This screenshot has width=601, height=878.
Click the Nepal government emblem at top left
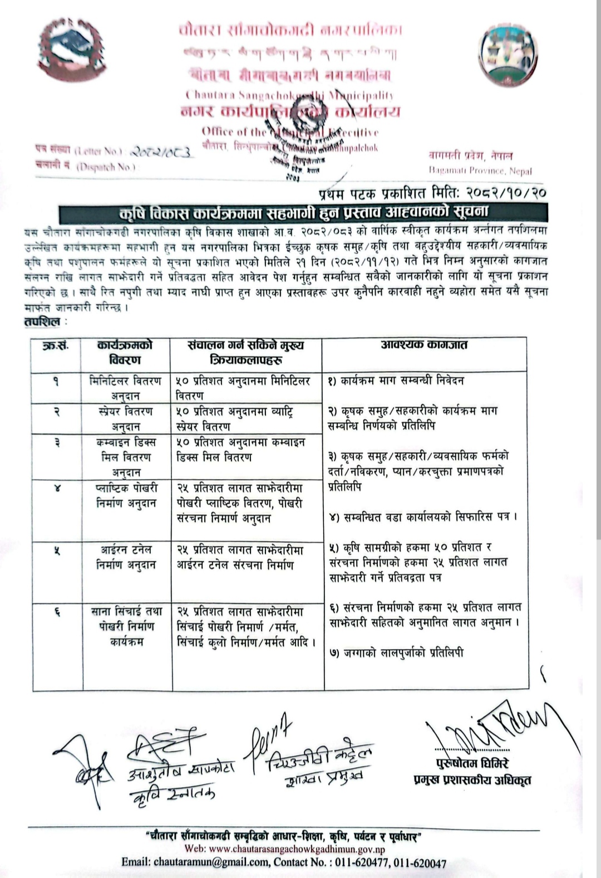coord(71,51)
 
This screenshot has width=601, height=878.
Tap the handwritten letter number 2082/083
coord(162,152)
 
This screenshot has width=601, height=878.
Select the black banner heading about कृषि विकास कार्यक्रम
coord(303,212)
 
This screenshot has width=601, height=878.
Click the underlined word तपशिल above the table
coord(42,321)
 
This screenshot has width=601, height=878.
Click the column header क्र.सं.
coord(56,346)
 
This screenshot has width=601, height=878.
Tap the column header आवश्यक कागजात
coord(425,345)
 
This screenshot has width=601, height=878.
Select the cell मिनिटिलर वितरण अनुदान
coord(126,388)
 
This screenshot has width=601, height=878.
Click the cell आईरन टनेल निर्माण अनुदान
coord(126,557)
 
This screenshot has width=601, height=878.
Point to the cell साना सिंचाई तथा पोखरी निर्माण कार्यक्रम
coord(126,627)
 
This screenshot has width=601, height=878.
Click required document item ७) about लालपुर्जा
coord(396,653)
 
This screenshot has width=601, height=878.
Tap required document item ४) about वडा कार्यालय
coord(423,517)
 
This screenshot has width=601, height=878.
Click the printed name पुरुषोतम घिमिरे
coord(472,763)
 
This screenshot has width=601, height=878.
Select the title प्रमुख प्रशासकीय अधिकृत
coord(472,780)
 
